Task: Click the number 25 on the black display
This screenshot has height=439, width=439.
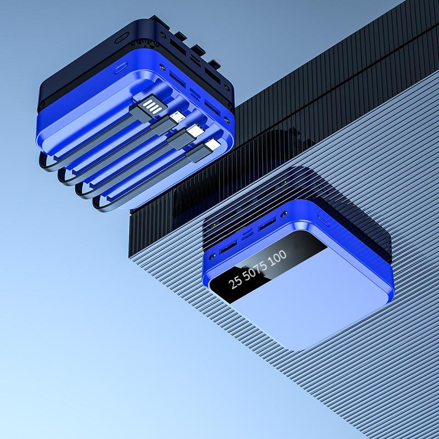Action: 235,282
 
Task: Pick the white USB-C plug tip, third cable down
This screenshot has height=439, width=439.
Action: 196,131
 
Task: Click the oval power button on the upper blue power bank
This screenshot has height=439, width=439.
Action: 120,68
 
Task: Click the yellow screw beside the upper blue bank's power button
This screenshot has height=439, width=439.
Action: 162,67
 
